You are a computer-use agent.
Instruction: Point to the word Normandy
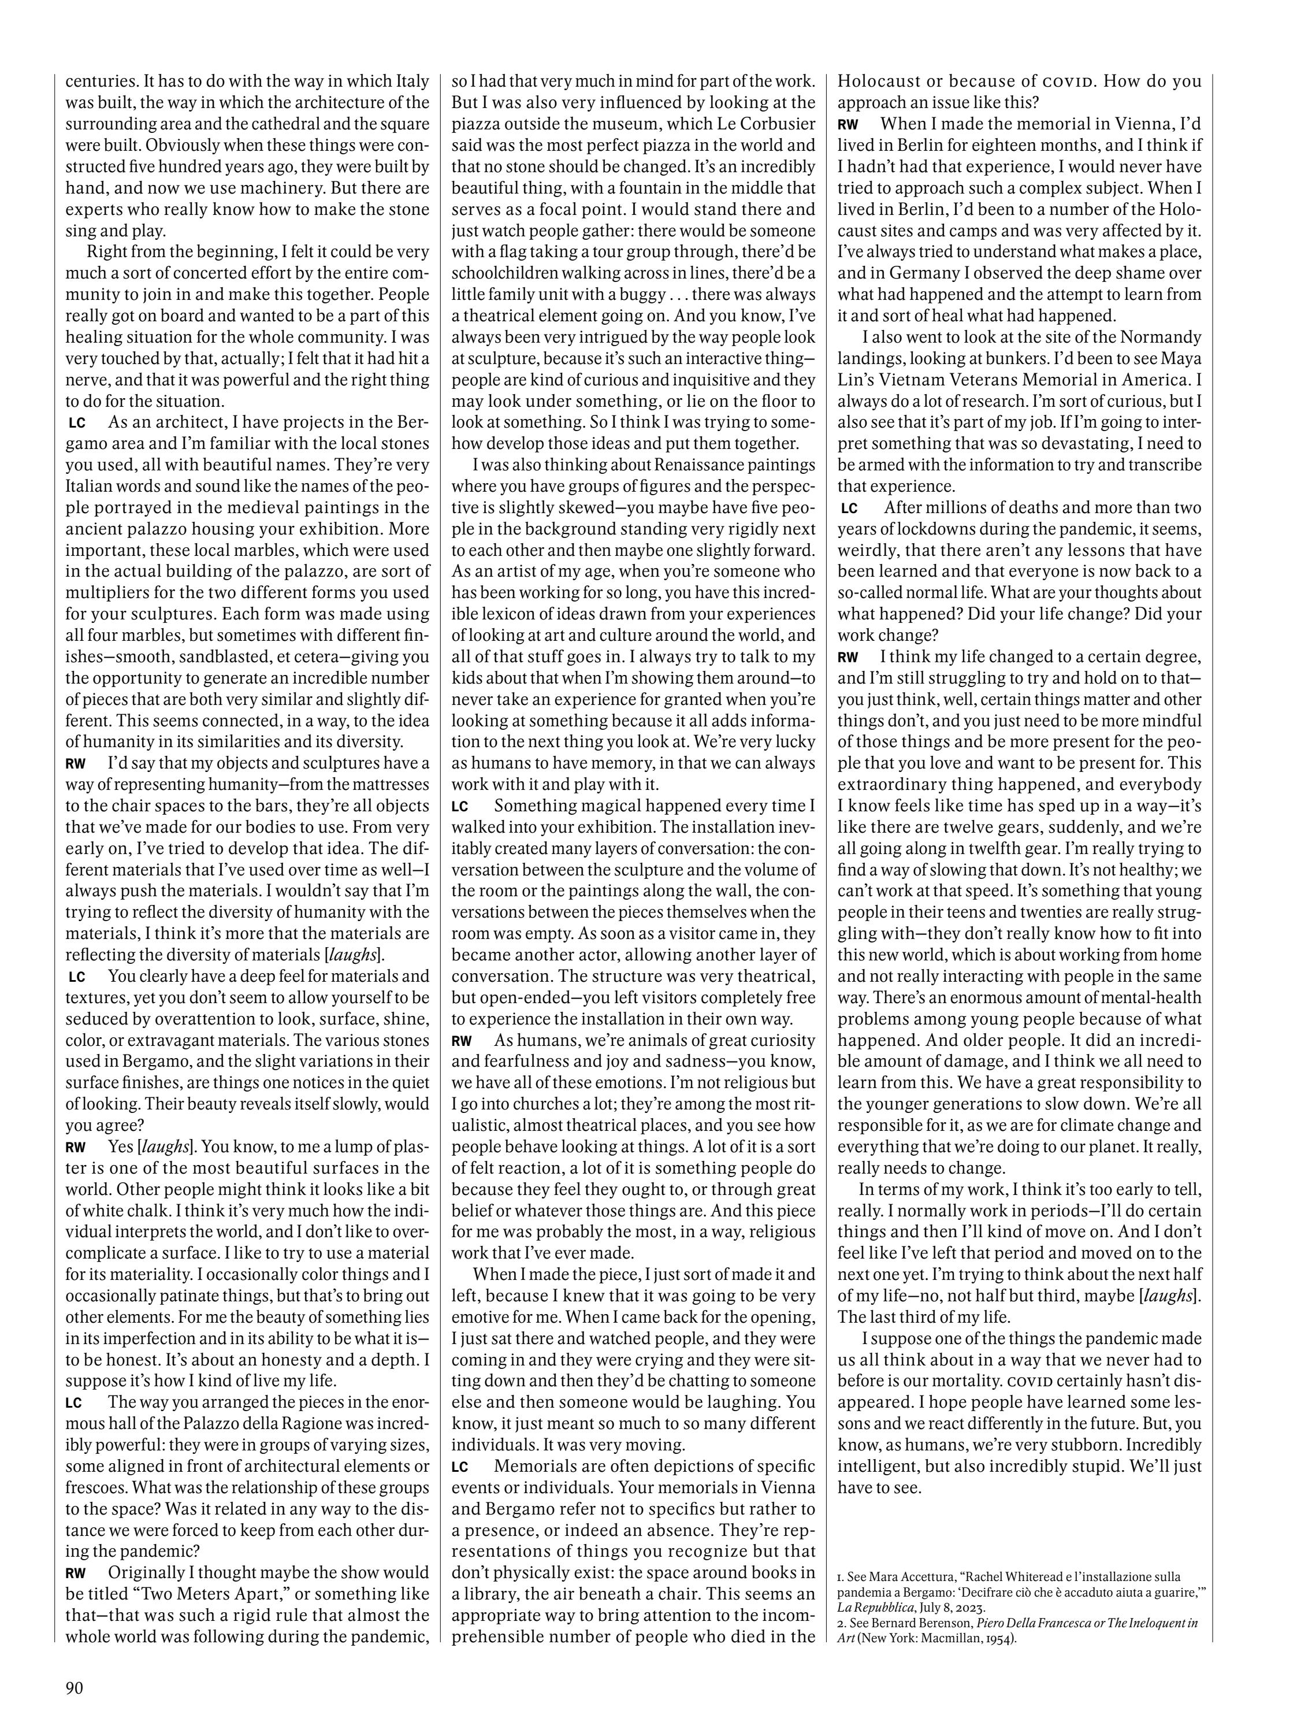[1160, 337]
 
